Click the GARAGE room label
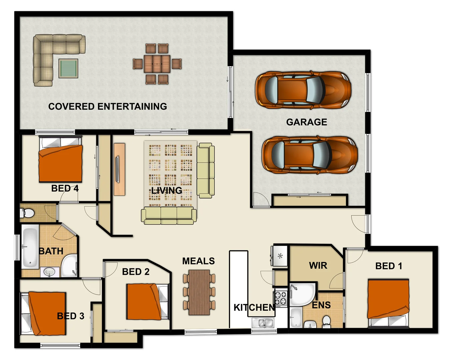pos(306,122)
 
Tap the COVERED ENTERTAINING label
pos(107,106)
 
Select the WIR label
pos(318,266)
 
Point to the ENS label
pos(321,305)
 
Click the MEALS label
pos(198,261)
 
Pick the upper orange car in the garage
pos(303,90)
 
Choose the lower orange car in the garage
pos(309,155)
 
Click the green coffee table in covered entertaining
pos(68,68)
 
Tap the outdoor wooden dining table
pos(157,64)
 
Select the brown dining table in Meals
pos(199,292)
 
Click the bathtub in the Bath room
pos(30,247)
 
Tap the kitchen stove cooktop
pos(281,298)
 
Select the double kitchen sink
pos(263,323)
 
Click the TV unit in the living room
pos(119,169)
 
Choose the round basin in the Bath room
pos(49,272)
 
